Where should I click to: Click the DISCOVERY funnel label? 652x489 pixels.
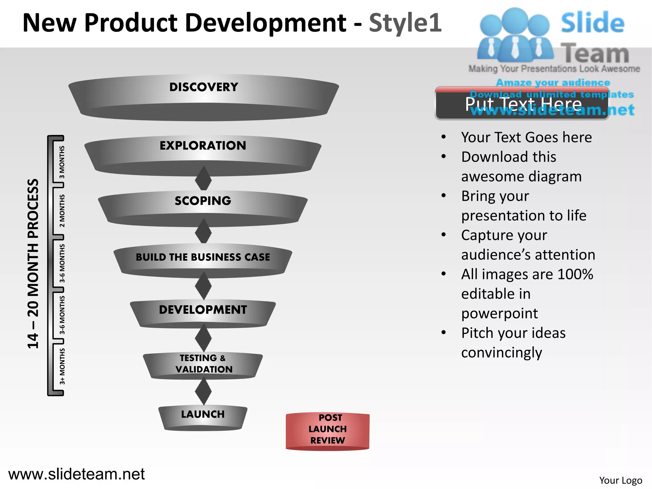tap(203, 87)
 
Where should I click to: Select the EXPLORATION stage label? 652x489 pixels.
tap(203, 145)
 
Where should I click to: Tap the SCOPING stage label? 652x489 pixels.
tap(203, 201)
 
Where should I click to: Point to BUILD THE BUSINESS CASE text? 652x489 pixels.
tap(203, 257)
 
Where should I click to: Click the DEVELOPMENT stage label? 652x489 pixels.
tap(203, 309)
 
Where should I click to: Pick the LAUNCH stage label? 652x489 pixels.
tap(203, 414)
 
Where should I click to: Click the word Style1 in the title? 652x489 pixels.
tap(405, 23)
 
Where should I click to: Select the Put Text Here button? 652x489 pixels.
tap(522, 104)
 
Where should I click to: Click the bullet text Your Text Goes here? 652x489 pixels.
tap(526, 137)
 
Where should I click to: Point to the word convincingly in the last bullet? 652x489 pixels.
tap(501, 352)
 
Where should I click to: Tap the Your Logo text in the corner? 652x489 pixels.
tap(620, 480)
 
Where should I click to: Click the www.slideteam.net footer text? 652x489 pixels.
tap(76, 474)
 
